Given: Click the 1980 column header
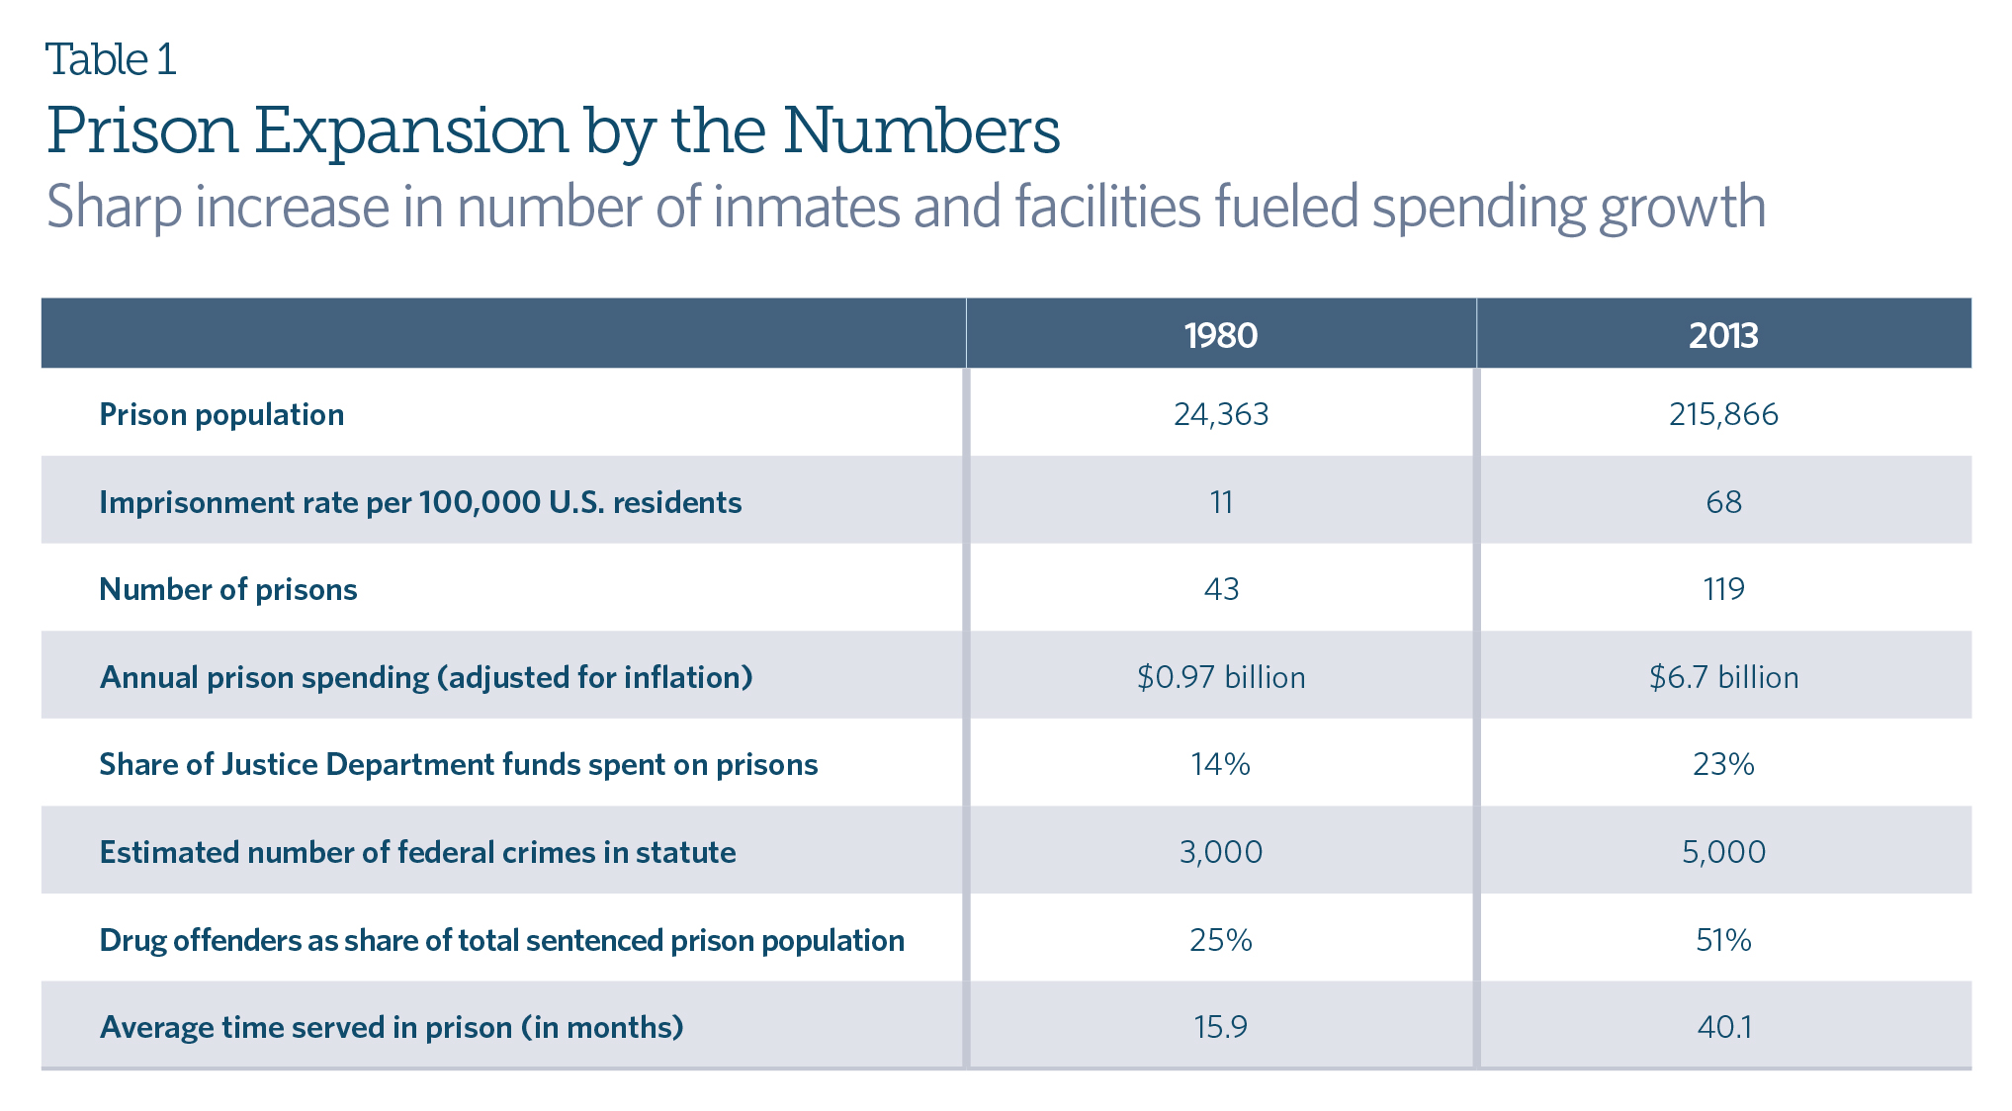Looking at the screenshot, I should tap(1220, 335).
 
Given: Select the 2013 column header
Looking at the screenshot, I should tap(1722, 335).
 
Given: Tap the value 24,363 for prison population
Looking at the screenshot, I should tap(1220, 414).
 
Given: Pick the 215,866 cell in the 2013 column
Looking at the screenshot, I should tap(1722, 414).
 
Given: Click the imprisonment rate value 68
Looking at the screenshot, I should tap(1722, 502).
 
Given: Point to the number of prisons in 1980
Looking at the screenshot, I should tap(1220, 589).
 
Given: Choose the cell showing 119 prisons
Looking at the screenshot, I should tap(1722, 589).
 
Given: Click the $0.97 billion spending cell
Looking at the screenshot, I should tap(1220, 677).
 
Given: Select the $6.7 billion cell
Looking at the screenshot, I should tap(1722, 677).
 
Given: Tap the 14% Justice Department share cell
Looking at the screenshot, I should tap(1220, 764).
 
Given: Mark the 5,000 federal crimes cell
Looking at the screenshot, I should tap(1722, 852).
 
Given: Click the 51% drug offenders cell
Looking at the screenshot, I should tap(1722, 939).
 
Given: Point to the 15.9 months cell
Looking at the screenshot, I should tap(1220, 1027).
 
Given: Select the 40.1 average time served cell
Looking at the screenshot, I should tap(1722, 1027).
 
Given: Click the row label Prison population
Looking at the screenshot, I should tap(221, 414).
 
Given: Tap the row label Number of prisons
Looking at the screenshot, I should tap(227, 589).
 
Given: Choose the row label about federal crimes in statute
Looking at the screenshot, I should tap(417, 852).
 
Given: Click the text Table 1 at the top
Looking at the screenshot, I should tap(111, 59).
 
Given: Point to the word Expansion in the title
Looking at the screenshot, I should tap(410, 130).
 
